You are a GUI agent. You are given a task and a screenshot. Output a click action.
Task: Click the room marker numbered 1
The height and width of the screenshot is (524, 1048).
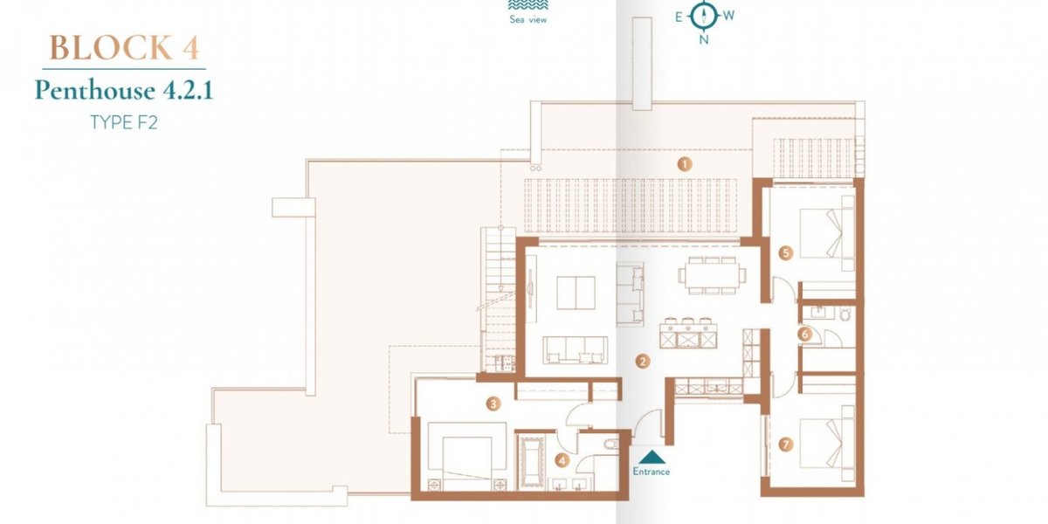pos(685,164)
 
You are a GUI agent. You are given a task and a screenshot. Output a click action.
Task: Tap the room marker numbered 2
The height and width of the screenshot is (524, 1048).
pos(643,361)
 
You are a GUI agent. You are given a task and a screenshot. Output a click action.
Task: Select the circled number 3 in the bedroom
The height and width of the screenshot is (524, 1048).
pos(493,403)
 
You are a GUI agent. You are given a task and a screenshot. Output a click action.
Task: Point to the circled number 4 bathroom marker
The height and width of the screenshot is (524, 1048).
pos(562,461)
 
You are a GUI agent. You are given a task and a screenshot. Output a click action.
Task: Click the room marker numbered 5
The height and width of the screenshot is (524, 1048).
pos(785,253)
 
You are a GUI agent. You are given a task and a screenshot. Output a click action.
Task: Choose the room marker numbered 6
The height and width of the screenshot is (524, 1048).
pos(805,334)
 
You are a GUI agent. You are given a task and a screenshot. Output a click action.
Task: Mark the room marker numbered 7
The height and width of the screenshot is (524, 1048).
pos(785,445)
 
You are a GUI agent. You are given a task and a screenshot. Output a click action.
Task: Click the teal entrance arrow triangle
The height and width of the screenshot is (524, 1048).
pos(652,457)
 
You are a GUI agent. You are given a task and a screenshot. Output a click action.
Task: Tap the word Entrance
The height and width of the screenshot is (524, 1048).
pos(652,472)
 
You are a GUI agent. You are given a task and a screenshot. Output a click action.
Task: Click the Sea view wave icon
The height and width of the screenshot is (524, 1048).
pos(528,5)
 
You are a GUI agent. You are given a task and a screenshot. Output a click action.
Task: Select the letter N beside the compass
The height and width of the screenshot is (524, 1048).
pos(704,40)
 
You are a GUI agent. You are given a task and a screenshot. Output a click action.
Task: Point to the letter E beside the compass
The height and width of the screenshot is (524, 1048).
pos(679,17)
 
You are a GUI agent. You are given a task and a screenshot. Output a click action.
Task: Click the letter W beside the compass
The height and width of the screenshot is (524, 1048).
pos(728,16)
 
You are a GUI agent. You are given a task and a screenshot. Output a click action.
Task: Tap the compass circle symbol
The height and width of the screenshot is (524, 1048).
pos(703,17)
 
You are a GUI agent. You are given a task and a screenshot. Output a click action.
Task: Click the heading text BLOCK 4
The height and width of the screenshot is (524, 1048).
pos(124,48)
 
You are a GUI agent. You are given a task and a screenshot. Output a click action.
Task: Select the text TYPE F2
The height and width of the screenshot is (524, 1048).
pos(124,122)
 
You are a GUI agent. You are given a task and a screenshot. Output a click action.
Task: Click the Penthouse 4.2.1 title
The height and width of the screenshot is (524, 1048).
pos(124,90)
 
